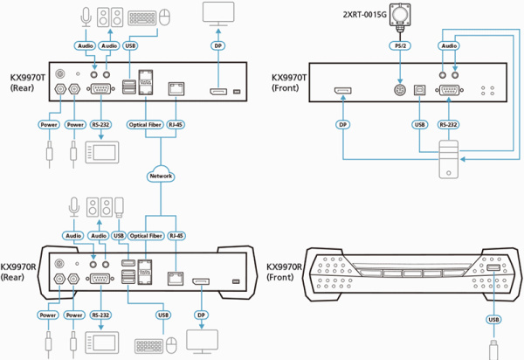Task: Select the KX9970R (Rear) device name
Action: pos(19,272)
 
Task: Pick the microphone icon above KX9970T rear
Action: pos(85,16)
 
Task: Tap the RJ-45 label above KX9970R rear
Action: pos(177,236)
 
